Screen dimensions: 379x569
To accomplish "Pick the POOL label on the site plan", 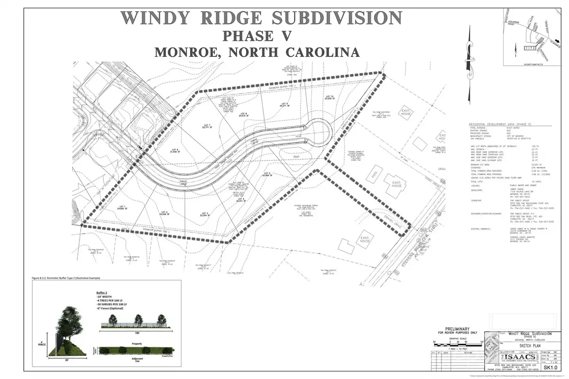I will (376, 172).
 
